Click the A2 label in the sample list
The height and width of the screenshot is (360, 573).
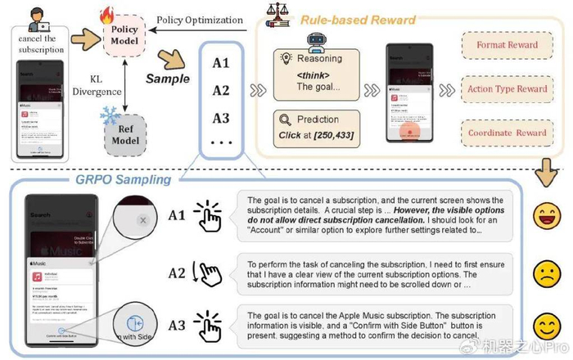220,91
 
